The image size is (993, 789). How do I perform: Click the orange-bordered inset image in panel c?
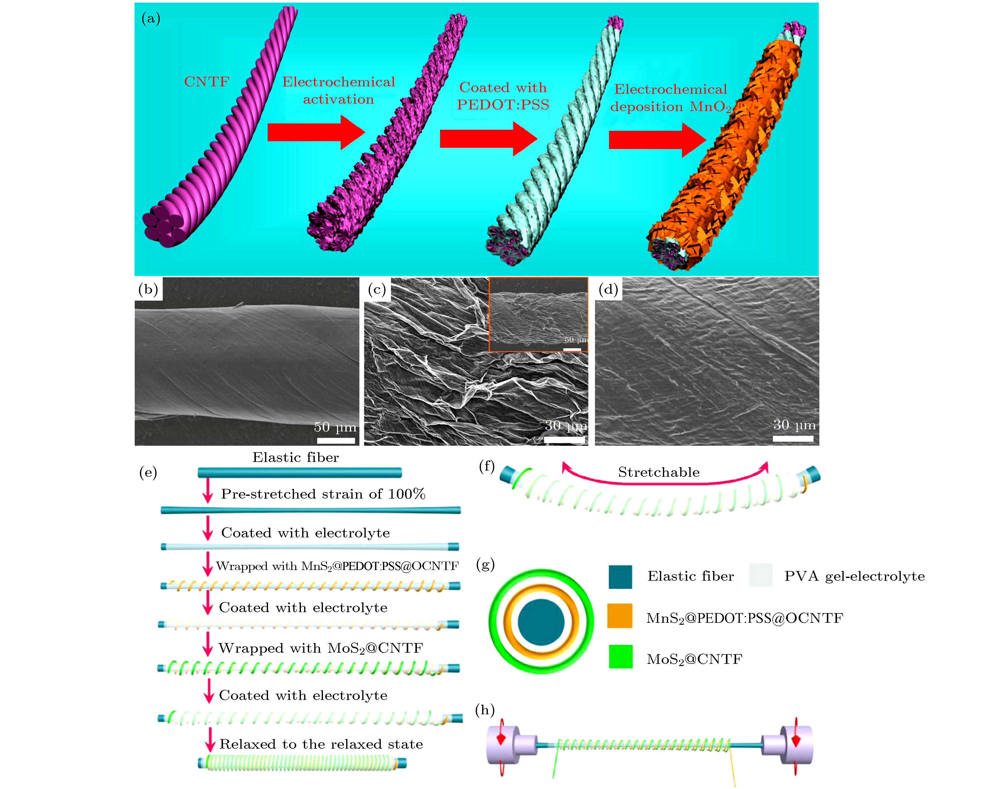538,314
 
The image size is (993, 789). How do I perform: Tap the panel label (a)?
151,19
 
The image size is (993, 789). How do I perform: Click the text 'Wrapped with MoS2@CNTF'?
320,648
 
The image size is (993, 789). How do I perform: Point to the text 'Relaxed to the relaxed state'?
321,744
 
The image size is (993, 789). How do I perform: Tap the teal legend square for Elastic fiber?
620,576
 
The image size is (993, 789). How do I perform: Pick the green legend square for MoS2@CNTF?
620,657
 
